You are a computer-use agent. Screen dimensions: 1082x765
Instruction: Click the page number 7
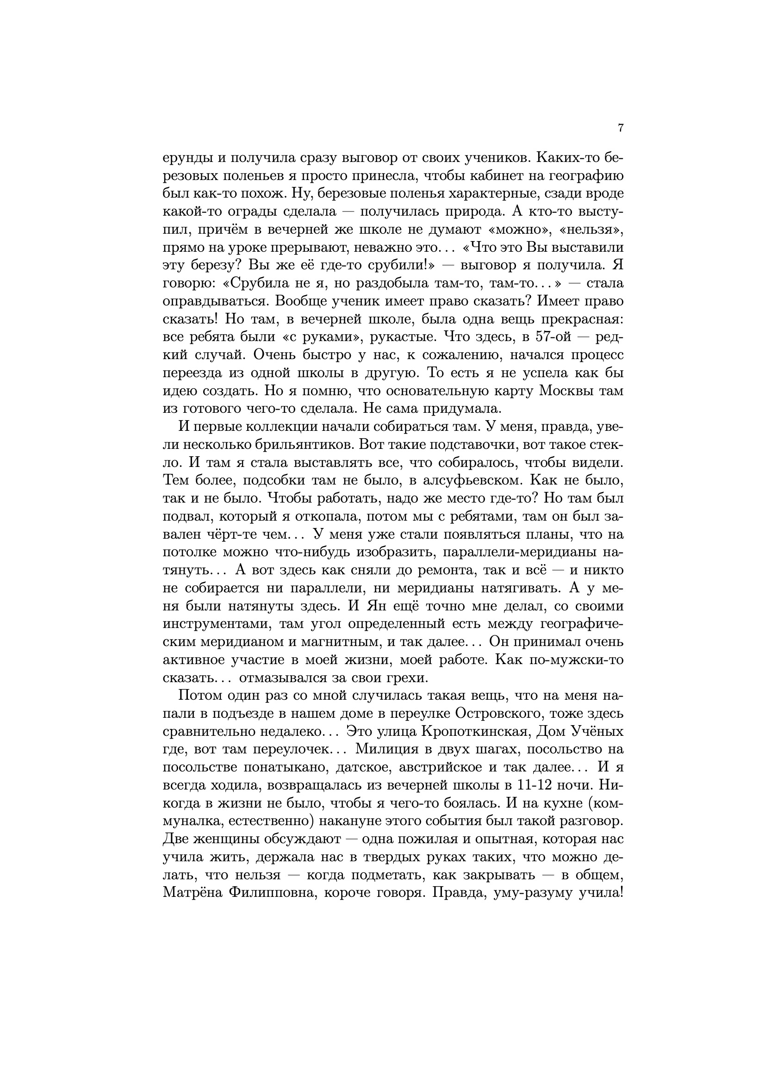(620, 128)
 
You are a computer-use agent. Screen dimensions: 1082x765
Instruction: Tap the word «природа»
(456, 211)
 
